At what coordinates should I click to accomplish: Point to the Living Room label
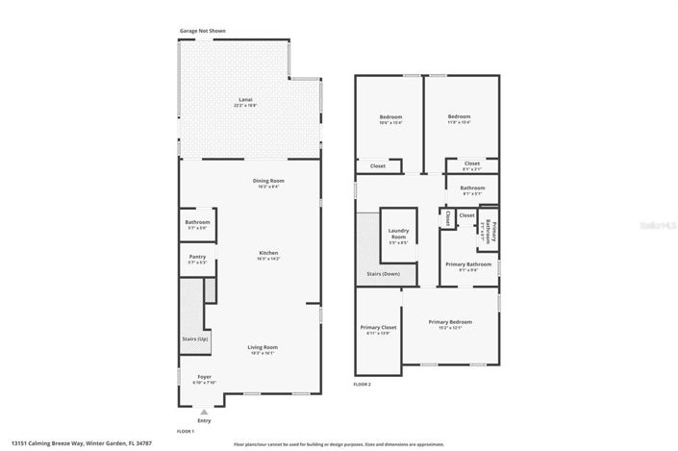(x=263, y=349)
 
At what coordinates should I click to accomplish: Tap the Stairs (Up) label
(x=195, y=339)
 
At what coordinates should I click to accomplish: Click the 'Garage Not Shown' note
(x=204, y=31)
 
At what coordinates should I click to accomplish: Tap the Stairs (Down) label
(x=385, y=274)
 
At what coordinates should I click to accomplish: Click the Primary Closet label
(x=376, y=330)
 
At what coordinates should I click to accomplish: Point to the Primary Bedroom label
(x=450, y=324)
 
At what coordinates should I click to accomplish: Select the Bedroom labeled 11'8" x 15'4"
(x=461, y=119)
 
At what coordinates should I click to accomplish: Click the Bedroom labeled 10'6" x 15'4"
(x=389, y=119)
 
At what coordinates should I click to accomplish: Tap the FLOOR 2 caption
(x=363, y=384)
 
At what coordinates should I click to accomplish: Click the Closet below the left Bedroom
(x=378, y=165)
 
